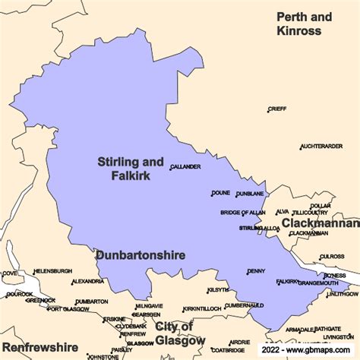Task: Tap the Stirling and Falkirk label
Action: [x=130, y=168]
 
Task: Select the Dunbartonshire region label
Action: [x=141, y=256]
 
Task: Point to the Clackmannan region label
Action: [x=320, y=223]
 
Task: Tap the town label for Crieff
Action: [x=277, y=109]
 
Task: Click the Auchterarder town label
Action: [x=321, y=146]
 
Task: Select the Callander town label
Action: [x=186, y=167]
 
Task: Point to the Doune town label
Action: [x=221, y=194]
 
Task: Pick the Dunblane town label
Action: [x=250, y=194]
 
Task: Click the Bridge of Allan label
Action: [x=243, y=213]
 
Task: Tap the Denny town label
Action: [x=256, y=271]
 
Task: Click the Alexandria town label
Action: [x=87, y=282]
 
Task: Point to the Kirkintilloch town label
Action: [x=204, y=310]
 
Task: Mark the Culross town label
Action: [x=332, y=257]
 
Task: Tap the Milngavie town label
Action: [x=149, y=306]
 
